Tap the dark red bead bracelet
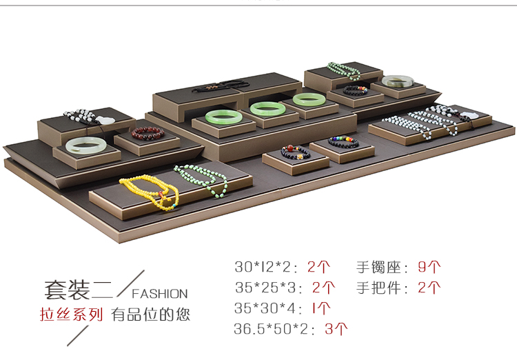(x=145, y=132)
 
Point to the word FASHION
(x=159, y=293)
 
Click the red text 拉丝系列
(x=71, y=314)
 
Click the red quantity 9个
(x=429, y=266)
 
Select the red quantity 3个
(x=336, y=328)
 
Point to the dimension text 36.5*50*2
(x=272, y=329)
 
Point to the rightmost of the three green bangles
(x=308, y=99)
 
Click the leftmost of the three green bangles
(x=221, y=114)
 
